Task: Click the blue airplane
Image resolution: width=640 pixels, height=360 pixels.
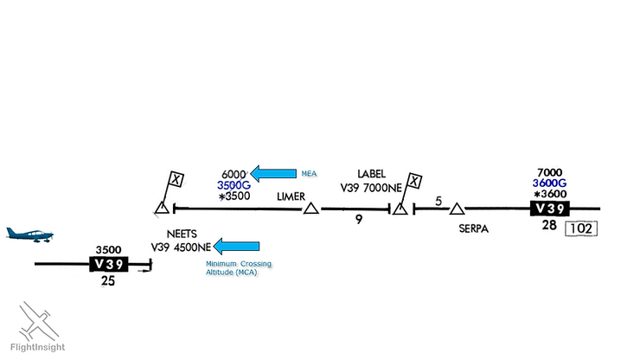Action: pos(29,235)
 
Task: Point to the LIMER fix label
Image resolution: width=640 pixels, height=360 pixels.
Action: pos(291,196)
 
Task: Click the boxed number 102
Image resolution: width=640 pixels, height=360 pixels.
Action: pos(581,229)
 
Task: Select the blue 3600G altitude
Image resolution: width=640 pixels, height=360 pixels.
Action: pos(549,183)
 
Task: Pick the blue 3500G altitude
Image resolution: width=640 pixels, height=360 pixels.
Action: pos(234,184)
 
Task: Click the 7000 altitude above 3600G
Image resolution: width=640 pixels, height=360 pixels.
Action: pos(550,171)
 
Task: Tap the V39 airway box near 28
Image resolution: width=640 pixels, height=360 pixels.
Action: pos(550,209)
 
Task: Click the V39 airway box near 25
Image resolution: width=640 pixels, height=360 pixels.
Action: pos(108,264)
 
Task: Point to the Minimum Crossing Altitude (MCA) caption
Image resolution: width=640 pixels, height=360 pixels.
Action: pos(232,268)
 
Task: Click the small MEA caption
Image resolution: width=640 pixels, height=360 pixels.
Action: pos(309,174)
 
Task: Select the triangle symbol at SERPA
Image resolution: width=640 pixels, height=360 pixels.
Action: pos(458,209)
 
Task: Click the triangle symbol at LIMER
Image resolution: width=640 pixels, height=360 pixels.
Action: pos(310,209)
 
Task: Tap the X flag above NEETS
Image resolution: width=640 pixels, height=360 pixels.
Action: pos(176,179)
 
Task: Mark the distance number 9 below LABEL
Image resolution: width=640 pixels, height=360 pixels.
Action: pos(358,221)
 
